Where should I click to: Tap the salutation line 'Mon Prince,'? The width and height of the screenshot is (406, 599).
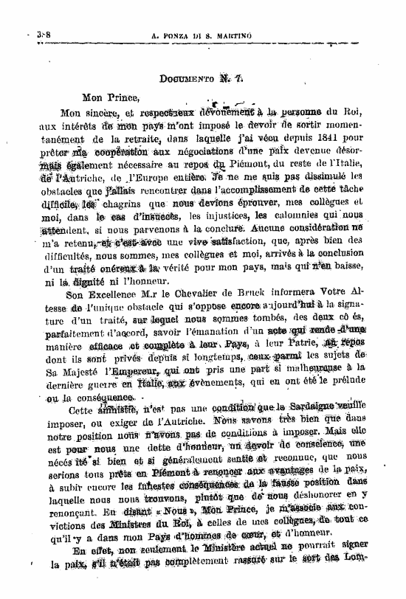(x=110, y=97)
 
